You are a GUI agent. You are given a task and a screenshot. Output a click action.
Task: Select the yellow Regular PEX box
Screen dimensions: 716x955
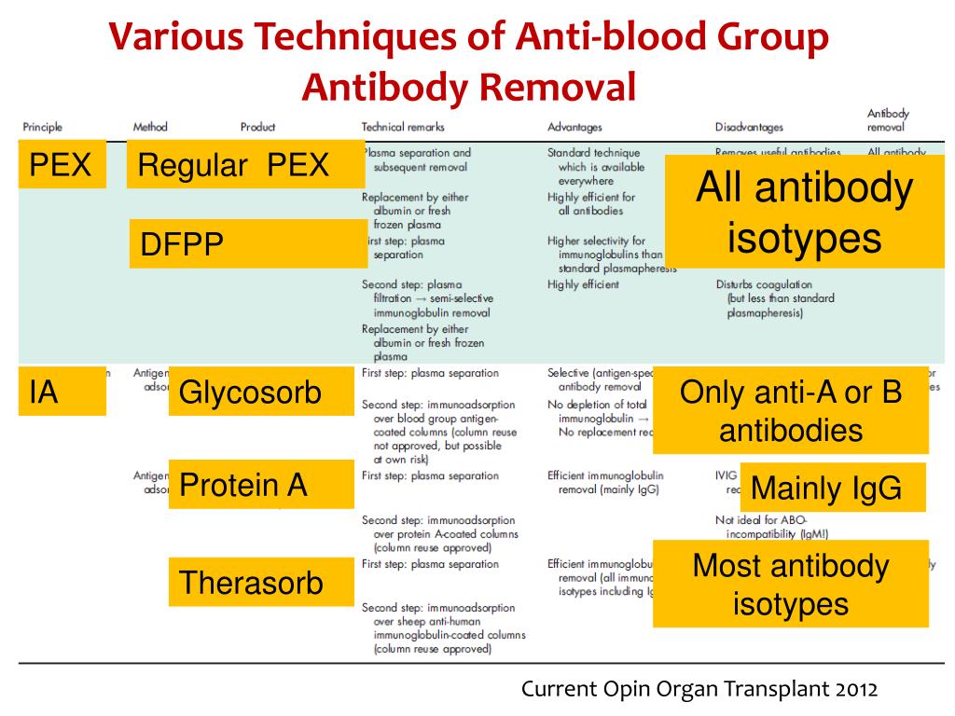point(244,165)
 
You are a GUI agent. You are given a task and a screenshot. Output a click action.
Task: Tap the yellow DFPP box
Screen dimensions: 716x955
point(248,244)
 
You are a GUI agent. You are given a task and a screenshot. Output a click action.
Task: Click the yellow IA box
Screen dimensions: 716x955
point(62,392)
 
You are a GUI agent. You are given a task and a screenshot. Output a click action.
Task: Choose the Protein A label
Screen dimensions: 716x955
point(261,485)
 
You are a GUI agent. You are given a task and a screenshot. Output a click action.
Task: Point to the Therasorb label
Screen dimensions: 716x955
point(261,583)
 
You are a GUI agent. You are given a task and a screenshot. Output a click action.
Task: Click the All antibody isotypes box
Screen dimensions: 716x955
point(804,213)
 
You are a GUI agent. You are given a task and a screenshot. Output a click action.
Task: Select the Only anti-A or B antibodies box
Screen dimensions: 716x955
point(791,410)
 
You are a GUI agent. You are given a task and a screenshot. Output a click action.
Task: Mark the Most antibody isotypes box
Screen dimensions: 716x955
point(791,585)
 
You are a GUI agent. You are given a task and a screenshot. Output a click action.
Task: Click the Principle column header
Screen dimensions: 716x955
point(43,127)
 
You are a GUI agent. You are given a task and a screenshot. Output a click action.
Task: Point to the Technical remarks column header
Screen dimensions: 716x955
point(403,127)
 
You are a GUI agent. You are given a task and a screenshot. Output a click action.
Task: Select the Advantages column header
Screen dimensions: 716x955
point(574,127)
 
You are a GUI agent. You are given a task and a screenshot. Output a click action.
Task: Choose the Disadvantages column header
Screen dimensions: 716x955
point(749,127)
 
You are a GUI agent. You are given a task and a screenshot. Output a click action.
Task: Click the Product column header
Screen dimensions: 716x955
point(257,127)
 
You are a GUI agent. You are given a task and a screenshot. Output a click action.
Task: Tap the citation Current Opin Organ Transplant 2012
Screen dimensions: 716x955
point(699,690)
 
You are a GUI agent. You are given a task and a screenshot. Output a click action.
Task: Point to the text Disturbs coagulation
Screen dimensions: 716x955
point(764,284)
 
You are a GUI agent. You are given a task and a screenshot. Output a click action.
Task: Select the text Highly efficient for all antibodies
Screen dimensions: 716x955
point(591,204)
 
